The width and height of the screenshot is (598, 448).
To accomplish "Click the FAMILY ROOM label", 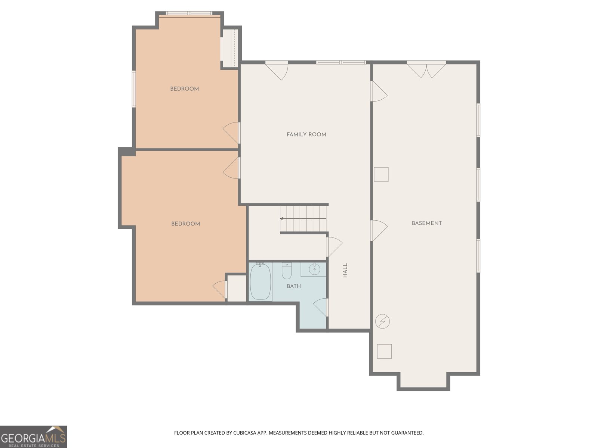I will coord(306,134).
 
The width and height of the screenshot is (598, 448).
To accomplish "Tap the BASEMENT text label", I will coord(426,223).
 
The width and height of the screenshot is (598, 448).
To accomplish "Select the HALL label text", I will coord(345,270).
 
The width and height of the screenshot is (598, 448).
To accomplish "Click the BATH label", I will coord(294,286).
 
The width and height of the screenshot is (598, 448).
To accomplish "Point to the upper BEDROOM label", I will coord(184,89).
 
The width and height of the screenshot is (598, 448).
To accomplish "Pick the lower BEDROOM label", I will coord(185,224).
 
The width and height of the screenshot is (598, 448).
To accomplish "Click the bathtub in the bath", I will coord(260,281).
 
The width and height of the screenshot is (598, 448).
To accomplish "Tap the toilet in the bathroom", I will coord(287,271).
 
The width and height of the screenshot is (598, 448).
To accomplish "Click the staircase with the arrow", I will coord(303,218).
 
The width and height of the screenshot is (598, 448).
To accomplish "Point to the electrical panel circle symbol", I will coord(383,321).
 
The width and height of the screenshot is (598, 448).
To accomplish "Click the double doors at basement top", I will coord(426,70).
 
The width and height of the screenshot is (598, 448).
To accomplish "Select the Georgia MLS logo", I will coord(33,436).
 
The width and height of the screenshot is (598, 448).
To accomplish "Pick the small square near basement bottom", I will coord(384,351).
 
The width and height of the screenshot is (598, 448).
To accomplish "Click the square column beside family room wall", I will coord(381,174).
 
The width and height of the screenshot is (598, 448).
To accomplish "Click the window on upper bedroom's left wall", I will coord(134,89).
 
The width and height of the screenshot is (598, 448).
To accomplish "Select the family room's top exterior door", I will coord(277,70).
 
